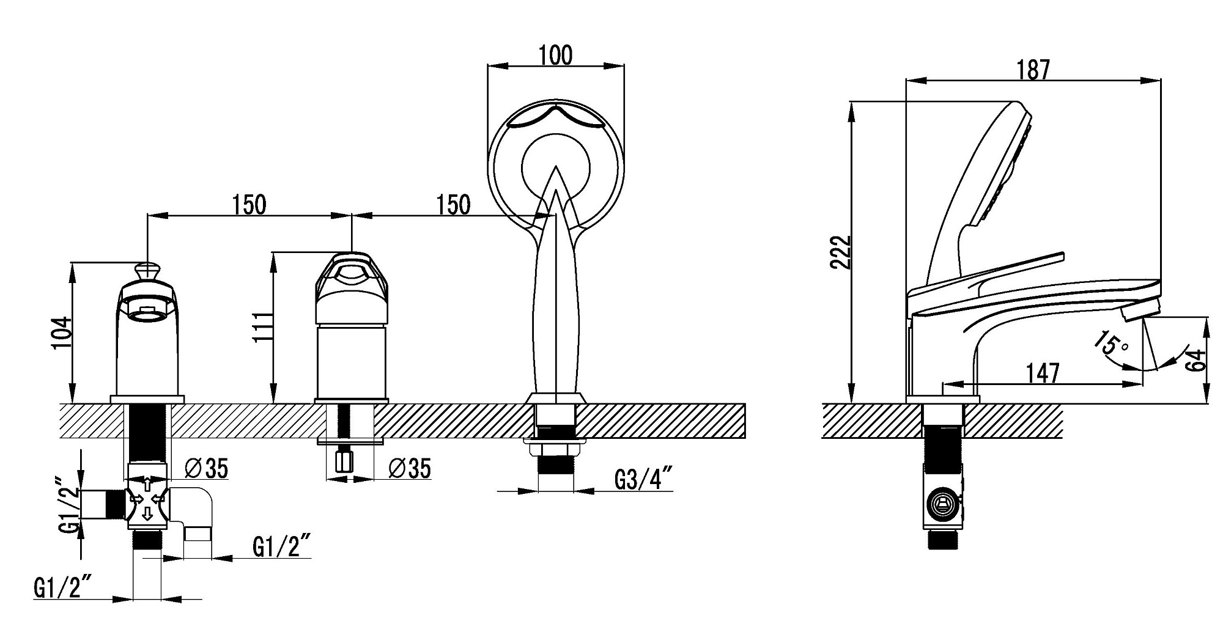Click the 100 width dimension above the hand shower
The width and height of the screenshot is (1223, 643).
click(x=556, y=55)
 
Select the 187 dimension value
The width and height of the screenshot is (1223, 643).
click(x=1033, y=70)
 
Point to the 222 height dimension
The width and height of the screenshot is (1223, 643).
click(x=841, y=252)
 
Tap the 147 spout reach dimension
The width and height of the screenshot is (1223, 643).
click(x=1043, y=372)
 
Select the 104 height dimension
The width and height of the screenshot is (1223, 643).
click(x=62, y=333)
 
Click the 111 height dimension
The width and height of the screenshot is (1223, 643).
click(x=263, y=327)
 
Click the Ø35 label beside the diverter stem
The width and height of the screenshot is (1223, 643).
click(x=207, y=469)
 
